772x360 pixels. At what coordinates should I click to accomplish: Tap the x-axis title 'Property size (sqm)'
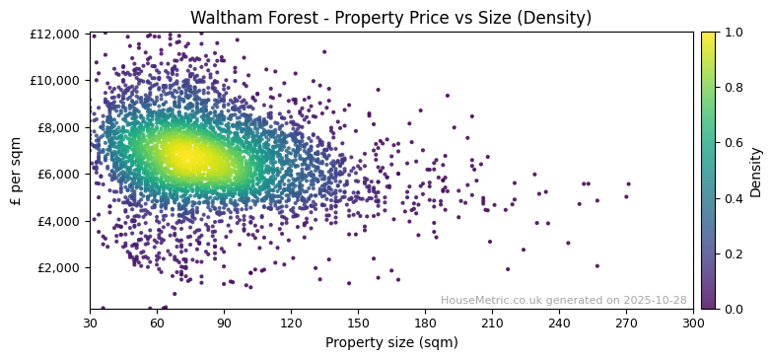[390, 343]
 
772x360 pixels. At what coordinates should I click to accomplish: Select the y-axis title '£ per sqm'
[17, 171]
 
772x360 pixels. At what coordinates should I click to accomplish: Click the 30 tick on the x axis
[90, 322]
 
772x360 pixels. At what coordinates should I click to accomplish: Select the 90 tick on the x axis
[224, 322]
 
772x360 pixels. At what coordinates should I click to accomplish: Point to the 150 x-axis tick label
[358, 322]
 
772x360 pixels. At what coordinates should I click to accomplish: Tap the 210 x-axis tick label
[492, 322]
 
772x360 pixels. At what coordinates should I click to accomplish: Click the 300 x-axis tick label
[693, 322]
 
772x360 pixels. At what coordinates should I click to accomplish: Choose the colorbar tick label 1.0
[734, 33]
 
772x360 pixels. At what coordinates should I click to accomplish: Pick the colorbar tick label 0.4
[734, 198]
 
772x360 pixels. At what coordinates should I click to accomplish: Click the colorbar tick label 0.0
[734, 309]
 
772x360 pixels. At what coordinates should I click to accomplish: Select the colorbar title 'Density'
[756, 171]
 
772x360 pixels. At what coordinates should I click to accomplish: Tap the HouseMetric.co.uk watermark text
[563, 301]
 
